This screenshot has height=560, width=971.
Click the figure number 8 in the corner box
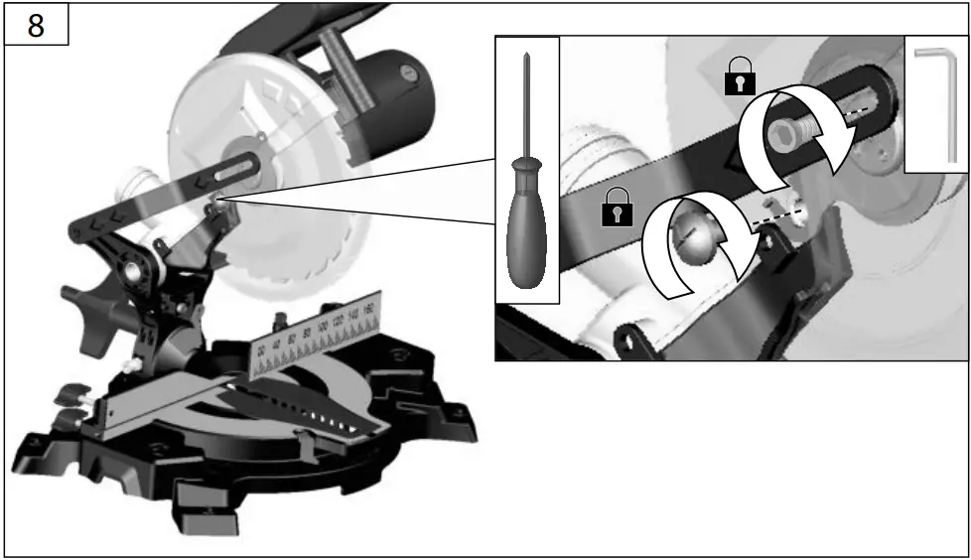coord(35,25)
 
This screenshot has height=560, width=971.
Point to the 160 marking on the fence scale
coord(369,311)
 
